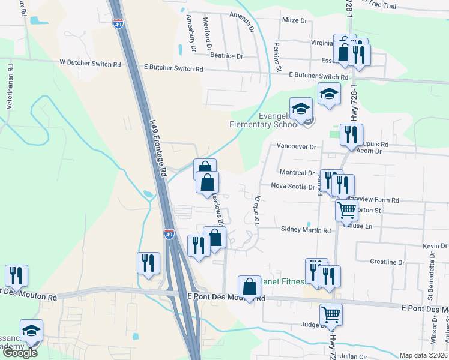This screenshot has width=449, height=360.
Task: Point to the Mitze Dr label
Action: (294, 20)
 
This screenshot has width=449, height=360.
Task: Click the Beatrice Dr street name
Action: (226, 56)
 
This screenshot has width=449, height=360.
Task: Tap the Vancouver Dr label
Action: (296, 146)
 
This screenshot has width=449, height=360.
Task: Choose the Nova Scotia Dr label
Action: (293, 187)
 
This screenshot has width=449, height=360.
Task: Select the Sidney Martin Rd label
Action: (306, 230)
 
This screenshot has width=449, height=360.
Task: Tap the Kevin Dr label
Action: (435, 247)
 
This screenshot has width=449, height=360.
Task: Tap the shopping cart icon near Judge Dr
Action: (331, 313)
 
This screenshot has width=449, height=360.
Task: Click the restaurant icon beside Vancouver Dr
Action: (351, 134)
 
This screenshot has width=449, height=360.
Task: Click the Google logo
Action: (20, 353)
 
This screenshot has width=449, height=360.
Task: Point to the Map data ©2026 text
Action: (423, 355)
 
